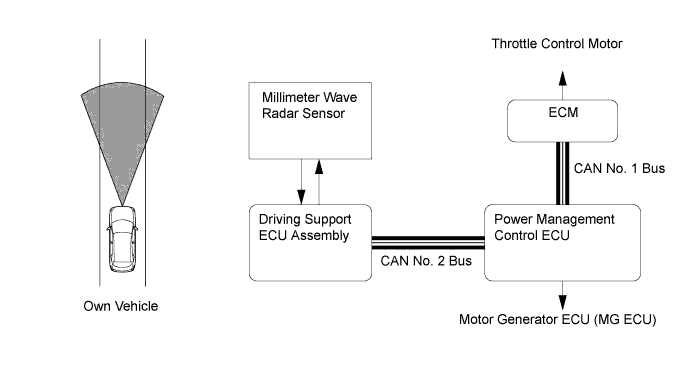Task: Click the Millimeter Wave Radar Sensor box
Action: (x=310, y=121)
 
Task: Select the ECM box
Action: (x=562, y=121)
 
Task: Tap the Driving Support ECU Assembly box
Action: (x=310, y=242)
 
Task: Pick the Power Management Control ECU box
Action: (x=562, y=242)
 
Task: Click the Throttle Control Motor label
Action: (x=557, y=44)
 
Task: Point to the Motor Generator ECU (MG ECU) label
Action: (x=558, y=319)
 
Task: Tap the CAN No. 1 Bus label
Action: (x=619, y=168)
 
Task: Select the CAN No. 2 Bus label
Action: (x=426, y=261)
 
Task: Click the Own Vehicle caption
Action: (x=121, y=306)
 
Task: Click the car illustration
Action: (x=122, y=239)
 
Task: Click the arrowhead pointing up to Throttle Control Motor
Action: (x=562, y=78)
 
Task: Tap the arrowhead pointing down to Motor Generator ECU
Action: (x=562, y=303)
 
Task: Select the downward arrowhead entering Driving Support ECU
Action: (x=301, y=197)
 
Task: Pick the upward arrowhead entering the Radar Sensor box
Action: (x=319, y=167)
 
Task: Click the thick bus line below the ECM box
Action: (x=562, y=173)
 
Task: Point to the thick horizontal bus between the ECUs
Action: (x=428, y=242)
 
